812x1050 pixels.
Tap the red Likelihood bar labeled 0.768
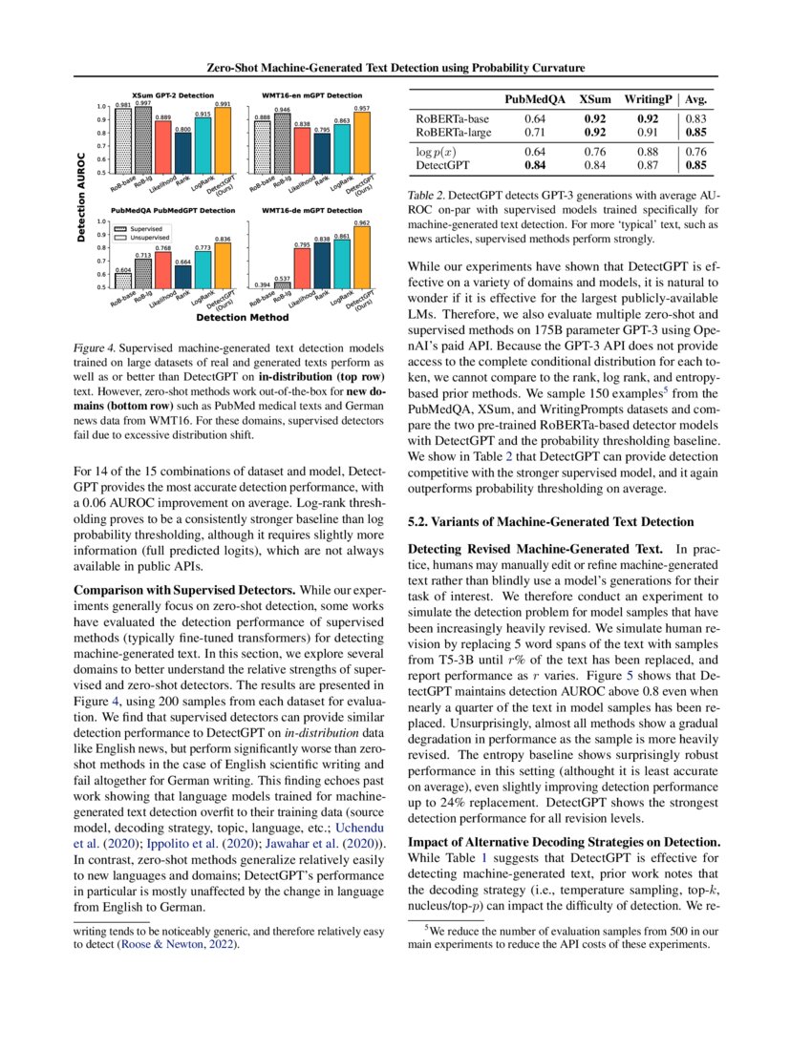pos(162,269)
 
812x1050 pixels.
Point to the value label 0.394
pos(261,283)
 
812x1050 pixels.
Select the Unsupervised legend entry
pos(140,237)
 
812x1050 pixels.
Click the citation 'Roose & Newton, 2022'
pos(177,945)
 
